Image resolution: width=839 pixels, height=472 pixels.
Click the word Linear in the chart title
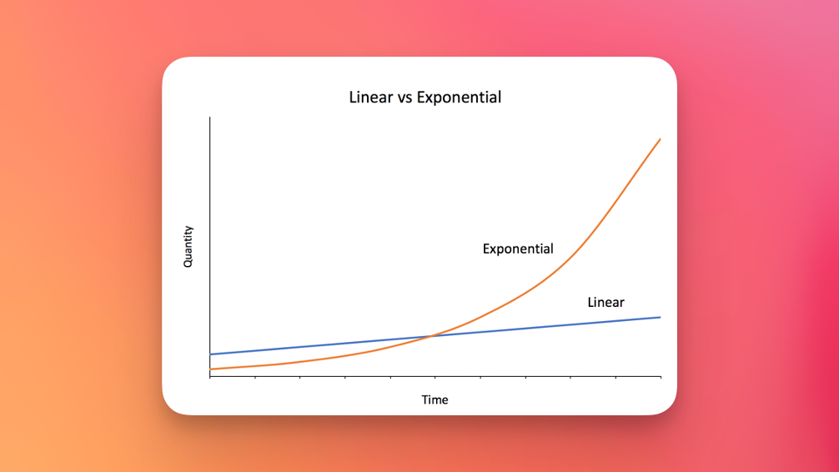[x=371, y=98]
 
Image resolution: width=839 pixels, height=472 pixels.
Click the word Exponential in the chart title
[x=459, y=98]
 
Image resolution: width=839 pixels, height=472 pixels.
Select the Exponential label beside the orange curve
[x=518, y=249]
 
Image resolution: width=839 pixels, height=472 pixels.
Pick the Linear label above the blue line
[x=605, y=303]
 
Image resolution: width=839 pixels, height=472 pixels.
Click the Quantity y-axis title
[x=188, y=247]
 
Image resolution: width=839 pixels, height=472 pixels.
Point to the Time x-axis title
[x=435, y=399]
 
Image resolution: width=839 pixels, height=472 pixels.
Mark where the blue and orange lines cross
[x=431, y=336]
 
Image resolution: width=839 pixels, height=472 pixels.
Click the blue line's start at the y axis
[x=210, y=354]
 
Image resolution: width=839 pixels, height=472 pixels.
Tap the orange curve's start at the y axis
[x=210, y=369]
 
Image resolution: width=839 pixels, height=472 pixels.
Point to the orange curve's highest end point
[x=661, y=139]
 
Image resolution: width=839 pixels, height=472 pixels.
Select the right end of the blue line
[x=661, y=318]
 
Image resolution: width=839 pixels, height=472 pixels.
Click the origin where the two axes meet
[x=210, y=377]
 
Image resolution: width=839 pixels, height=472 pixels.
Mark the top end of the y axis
[x=210, y=117]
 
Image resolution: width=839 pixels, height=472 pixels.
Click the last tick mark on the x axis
[x=661, y=378]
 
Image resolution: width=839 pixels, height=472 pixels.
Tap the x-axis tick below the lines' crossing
[x=435, y=378]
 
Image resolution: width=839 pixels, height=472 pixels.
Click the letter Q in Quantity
[x=188, y=263]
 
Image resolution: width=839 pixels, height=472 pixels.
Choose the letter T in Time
[x=425, y=399]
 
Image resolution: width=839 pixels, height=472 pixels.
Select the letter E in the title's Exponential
[x=420, y=98]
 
